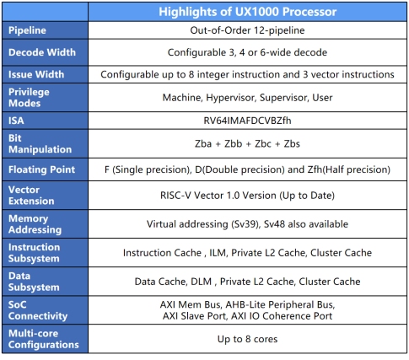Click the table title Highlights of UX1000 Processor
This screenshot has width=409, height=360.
pyautogui.click(x=247, y=12)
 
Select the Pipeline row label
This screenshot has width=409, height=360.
pyautogui.click(x=27, y=30)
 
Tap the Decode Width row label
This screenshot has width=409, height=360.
pyautogui.click(x=42, y=52)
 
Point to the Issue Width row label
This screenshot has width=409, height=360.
pyautogui.click(x=36, y=74)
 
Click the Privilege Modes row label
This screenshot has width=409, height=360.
pyautogui.click(x=29, y=98)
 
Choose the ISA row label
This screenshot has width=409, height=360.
pyautogui.click(x=16, y=121)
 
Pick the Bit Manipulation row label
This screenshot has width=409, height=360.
pyautogui.click(x=40, y=143)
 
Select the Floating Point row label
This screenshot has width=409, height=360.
pyautogui.click(x=41, y=169)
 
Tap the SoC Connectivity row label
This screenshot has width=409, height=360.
pyautogui.click(x=38, y=310)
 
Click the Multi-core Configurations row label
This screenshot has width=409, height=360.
pyautogui.click(x=44, y=339)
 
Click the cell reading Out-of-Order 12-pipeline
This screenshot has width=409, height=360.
pyautogui.click(x=247, y=30)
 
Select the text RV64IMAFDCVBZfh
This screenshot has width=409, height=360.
pyautogui.click(x=247, y=121)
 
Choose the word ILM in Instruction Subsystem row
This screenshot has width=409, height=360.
pyautogui.click(x=218, y=253)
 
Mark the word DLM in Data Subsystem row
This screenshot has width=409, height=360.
pyautogui.click(x=201, y=282)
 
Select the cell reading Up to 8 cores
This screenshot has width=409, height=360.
pyautogui.click(x=247, y=339)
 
